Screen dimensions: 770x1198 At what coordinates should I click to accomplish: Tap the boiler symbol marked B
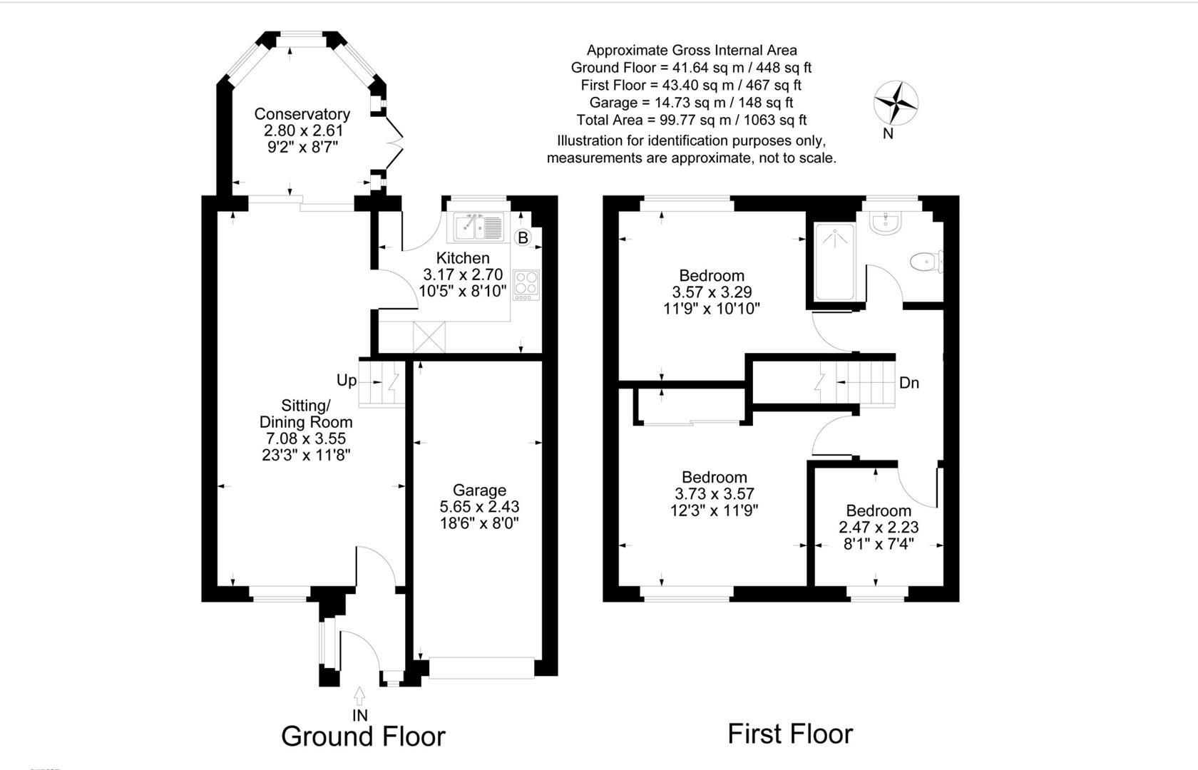pos(523,237)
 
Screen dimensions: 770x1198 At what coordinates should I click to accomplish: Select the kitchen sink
pos(479,227)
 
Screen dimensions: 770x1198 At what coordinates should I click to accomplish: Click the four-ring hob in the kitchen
pos(526,284)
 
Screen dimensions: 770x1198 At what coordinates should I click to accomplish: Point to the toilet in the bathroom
pos(926,262)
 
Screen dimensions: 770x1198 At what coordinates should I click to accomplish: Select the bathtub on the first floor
pos(834,262)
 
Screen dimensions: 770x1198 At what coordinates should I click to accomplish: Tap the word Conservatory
pos(302,114)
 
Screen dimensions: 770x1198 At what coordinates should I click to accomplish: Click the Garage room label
pos(479,491)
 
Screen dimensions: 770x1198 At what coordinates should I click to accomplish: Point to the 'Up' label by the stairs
pos(347,381)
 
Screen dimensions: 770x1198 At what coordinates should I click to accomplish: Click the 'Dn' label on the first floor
pos(908,384)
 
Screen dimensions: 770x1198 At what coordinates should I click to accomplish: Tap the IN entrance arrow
pos(359,695)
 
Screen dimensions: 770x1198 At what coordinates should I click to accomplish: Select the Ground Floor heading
pos(363,736)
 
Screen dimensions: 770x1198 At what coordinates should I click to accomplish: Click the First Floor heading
pos(789,734)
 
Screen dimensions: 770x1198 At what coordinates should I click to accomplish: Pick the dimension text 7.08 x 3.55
pos(305,438)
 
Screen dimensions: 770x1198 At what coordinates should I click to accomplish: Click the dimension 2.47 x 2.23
pos(878,528)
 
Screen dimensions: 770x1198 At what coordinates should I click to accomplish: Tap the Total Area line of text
pos(691,120)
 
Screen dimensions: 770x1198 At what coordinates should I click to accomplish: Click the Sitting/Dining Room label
pos(305,414)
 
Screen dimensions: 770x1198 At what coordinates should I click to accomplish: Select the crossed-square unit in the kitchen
pos(429,336)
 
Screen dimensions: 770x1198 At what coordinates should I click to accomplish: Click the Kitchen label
pos(463,258)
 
